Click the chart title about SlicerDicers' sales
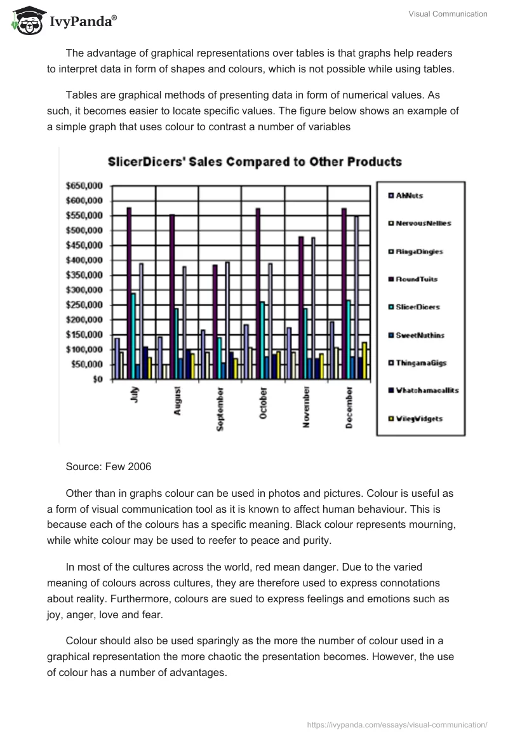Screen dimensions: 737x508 [254, 161]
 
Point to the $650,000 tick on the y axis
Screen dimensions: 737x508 [84, 186]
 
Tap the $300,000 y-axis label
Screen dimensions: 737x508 [84, 290]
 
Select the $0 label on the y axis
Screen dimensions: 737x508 [97, 379]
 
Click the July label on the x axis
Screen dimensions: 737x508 [133, 395]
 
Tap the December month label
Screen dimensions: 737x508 [349, 407]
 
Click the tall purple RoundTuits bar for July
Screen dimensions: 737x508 [129, 292]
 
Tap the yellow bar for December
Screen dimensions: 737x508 [364, 360]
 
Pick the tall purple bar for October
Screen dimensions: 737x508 [258, 292]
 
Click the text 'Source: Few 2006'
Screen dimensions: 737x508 [108, 466]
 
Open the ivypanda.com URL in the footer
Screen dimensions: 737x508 [398, 724]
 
